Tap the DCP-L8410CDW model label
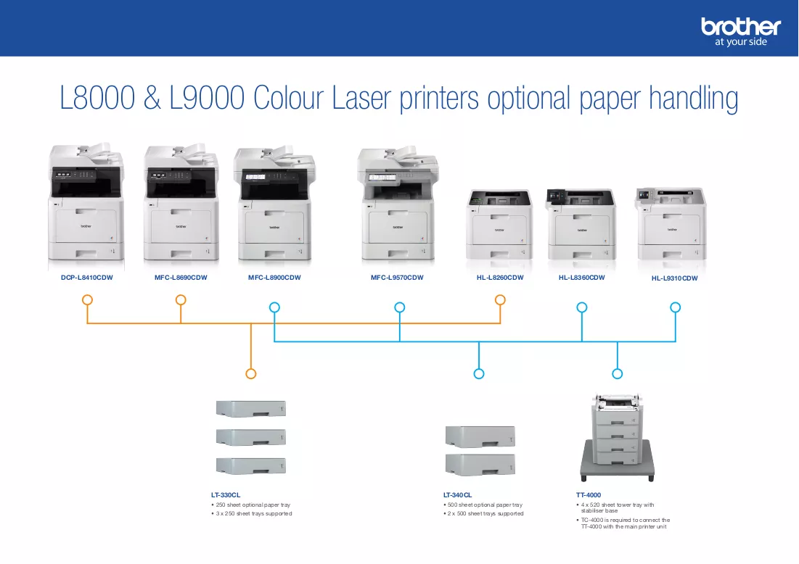pos(86,278)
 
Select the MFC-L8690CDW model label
pos(181,278)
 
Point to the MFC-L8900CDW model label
pos(274,278)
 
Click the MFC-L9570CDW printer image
pos(398,204)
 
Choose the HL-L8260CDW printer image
pos(499,225)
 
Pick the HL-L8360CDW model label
pos(581,278)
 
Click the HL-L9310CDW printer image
pos(671,223)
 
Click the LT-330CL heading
pos(226,495)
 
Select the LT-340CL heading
pos(458,495)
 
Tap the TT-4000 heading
pos(589,495)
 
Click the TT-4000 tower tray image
pos(617,438)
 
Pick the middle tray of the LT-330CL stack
pos(250,437)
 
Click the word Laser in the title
pos(361,98)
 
